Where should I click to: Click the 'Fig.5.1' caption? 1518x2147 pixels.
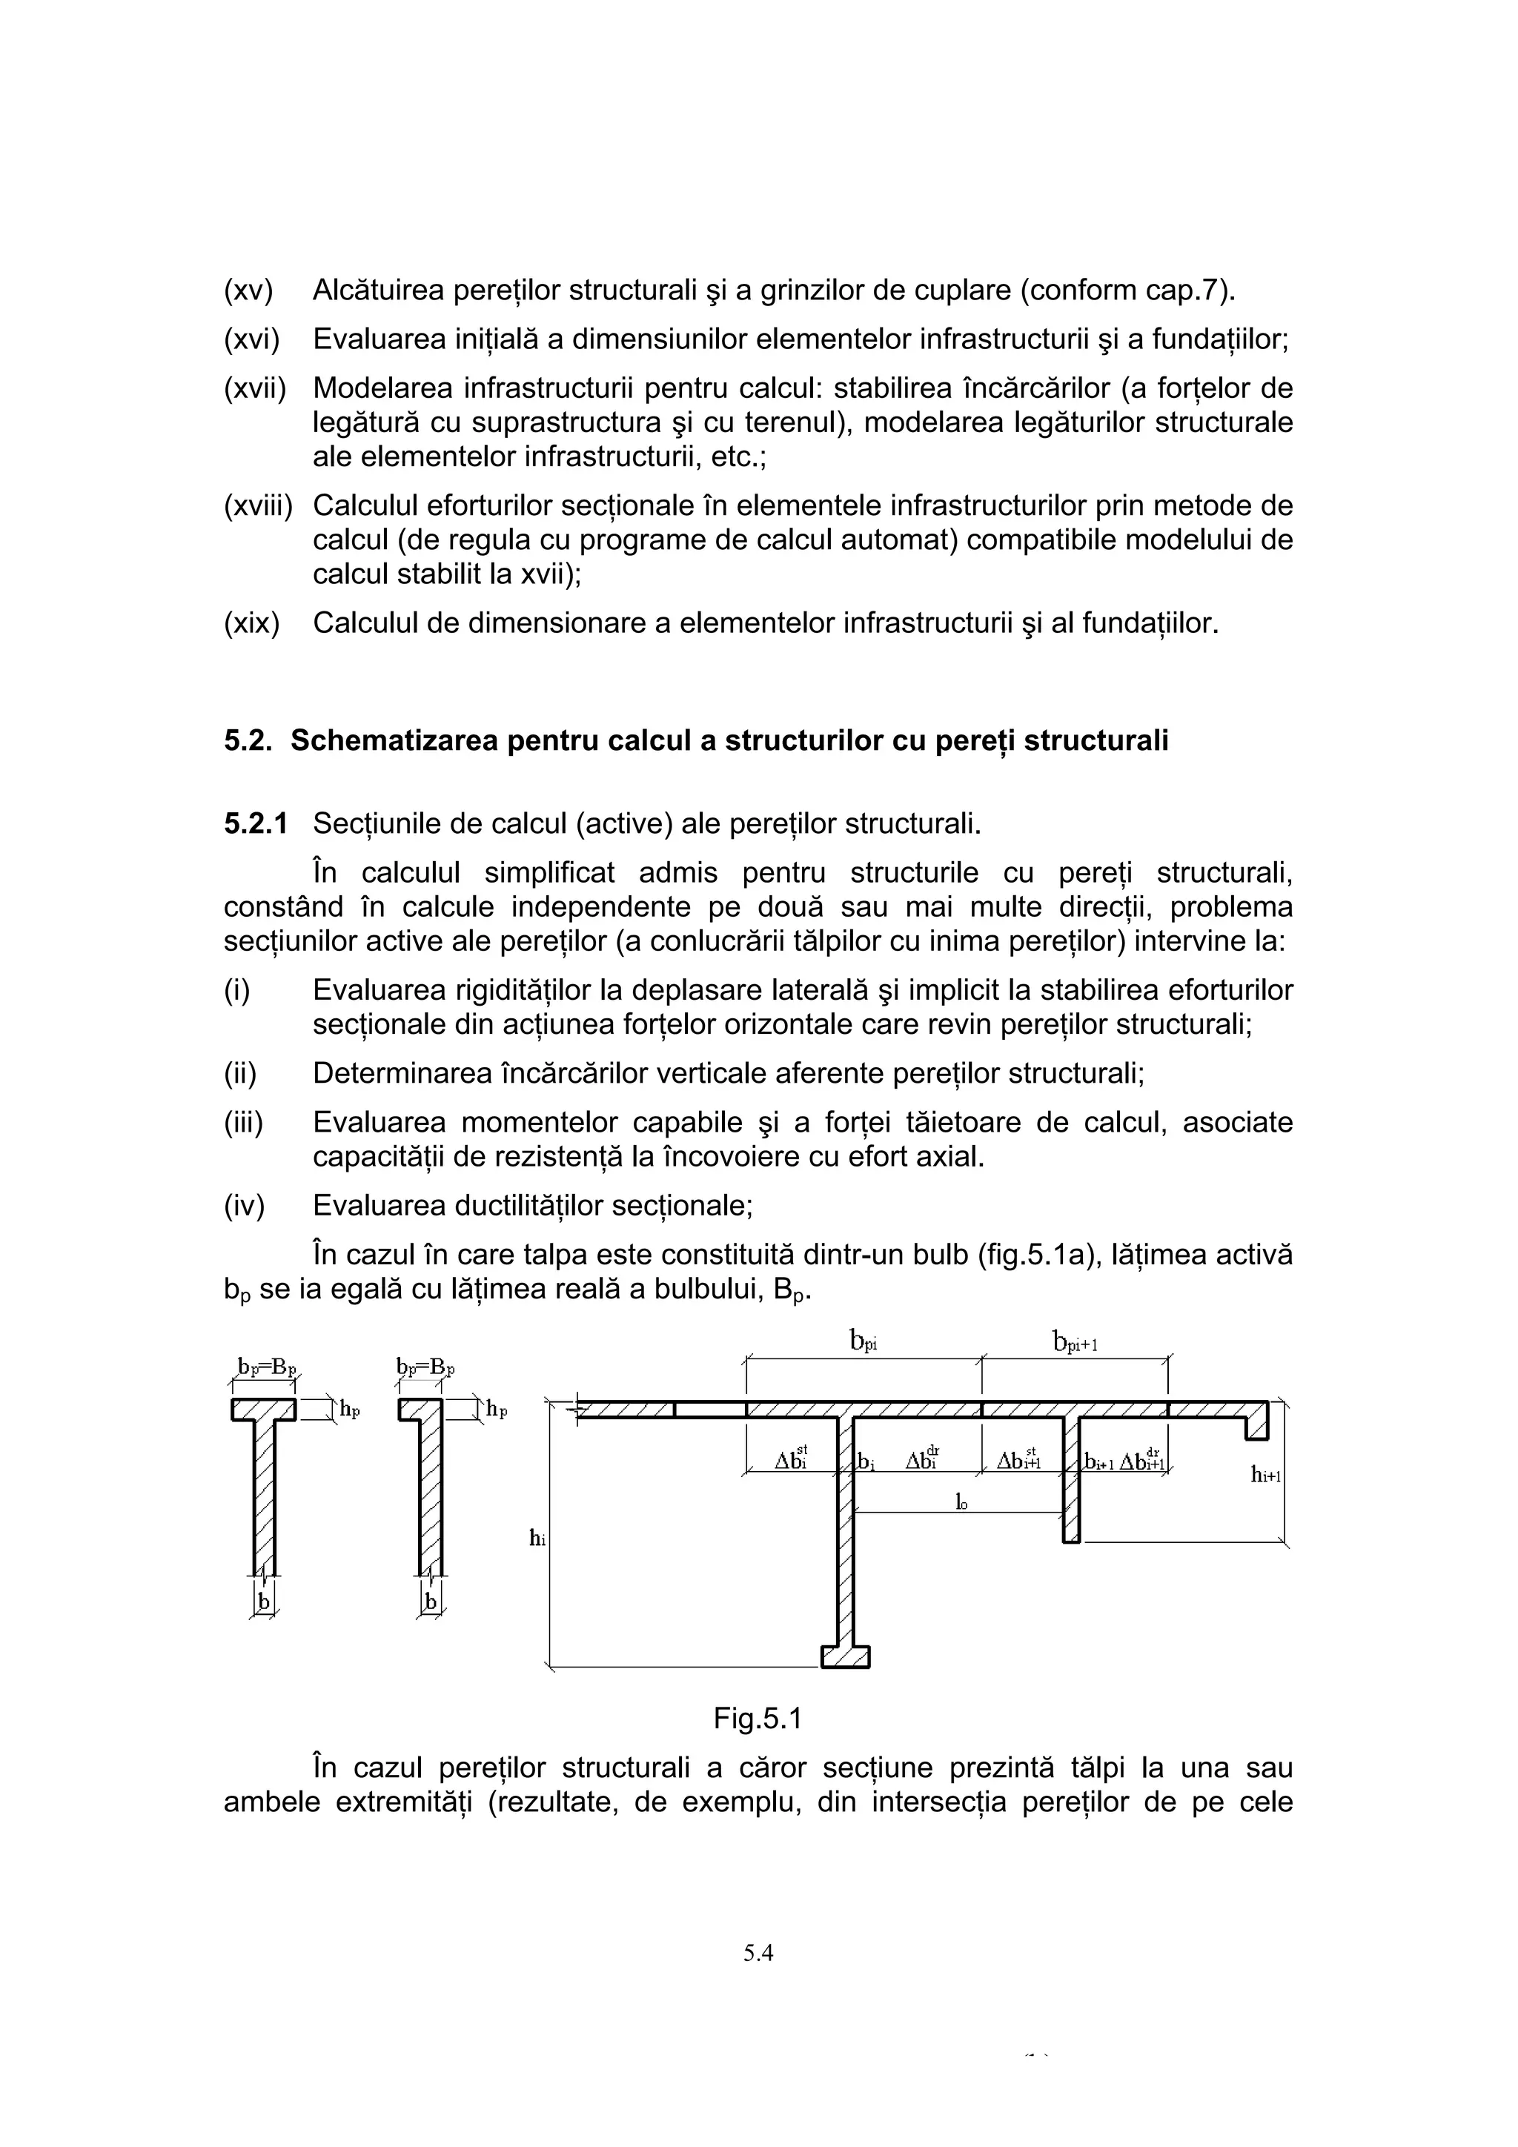[758, 1718]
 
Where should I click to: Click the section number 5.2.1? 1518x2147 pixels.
[254, 824]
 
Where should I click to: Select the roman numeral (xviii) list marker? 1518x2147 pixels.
[257, 506]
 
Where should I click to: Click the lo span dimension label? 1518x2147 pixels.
[961, 1501]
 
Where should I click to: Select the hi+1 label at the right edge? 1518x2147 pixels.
[1265, 1475]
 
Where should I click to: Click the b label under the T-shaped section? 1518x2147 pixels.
[264, 1602]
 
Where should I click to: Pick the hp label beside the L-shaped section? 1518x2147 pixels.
[496, 1410]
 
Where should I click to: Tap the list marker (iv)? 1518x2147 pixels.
[244, 1207]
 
